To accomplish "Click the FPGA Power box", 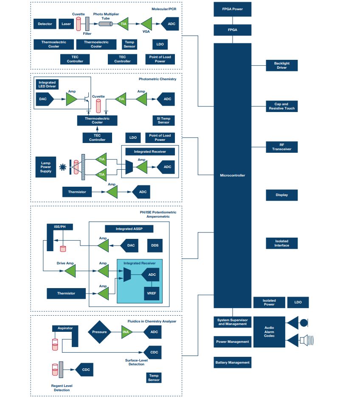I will pos(232,8).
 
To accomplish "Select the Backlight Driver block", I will pos(281,65).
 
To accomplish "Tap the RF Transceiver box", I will pos(281,147).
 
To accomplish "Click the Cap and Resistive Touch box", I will pos(281,106).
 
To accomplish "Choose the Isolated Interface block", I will pos(281,243).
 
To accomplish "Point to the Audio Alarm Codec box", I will pos(269,332).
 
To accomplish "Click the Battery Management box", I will pos(232,362).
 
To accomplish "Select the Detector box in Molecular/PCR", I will pos(45,24).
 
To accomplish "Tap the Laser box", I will pos(66,24).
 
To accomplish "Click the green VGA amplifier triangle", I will pos(147,23).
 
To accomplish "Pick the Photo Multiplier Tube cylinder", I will pos(106,24).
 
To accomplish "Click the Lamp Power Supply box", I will pos(46,167).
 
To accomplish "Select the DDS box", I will pos(155,245).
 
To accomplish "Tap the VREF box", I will pos(151,293).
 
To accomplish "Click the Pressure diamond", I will pos(99,332).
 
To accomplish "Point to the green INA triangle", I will pos(126,332).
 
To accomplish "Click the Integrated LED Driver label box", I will pos(47,84).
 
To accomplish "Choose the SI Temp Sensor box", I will pos(163,120).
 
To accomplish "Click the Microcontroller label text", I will pos(232,175).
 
